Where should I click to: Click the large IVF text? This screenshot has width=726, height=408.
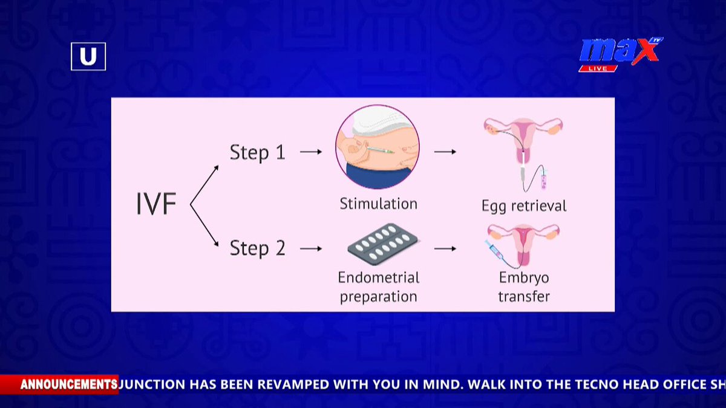point(156,203)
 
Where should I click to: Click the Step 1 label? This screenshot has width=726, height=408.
point(257,152)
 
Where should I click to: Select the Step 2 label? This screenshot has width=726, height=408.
point(257,248)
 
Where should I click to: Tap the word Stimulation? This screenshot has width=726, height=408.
point(378,204)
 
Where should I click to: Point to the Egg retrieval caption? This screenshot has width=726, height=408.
point(524,206)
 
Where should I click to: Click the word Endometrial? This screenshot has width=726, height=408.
point(378,277)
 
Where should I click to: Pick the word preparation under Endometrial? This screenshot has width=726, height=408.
point(378,297)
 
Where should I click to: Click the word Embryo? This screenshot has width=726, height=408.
point(524,278)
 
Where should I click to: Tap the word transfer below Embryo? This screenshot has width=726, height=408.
point(524,296)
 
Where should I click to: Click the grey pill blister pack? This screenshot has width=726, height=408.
point(383,244)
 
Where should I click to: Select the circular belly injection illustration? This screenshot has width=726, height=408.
point(378,147)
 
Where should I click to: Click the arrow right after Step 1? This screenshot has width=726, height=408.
point(311,152)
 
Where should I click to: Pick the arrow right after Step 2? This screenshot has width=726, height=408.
point(311,248)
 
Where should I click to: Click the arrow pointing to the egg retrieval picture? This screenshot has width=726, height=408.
point(445,152)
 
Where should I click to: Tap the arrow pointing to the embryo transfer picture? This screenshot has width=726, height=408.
point(445,248)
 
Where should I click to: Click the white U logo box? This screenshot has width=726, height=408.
point(88,56)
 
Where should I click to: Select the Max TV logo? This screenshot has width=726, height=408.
point(621,54)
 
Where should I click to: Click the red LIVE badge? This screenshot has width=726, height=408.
point(598,68)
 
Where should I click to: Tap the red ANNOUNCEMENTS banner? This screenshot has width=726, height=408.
point(59,384)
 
